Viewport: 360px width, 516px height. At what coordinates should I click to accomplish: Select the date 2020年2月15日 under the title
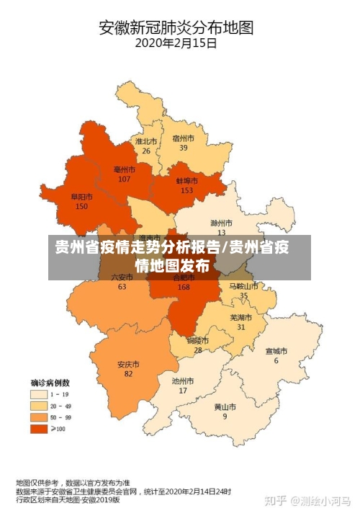pos(176,43)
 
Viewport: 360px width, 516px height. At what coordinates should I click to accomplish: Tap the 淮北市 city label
pos(145,142)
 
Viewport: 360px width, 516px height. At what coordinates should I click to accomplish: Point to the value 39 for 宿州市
pos(184,148)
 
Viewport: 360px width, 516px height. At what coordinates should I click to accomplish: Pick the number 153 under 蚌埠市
pos(187,190)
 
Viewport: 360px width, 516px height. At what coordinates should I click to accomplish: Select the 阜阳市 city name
pos(81,197)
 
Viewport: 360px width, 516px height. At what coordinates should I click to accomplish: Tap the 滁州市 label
pos(221,223)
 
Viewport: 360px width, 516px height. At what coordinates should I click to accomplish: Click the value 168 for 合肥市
pos(184,287)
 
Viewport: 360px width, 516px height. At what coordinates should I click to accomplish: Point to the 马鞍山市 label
pos(243,286)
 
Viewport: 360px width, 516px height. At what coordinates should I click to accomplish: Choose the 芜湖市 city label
pos(241,317)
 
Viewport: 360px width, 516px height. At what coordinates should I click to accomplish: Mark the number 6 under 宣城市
pos(276,360)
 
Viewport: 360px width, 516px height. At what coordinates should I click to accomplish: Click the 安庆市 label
pos(128,364)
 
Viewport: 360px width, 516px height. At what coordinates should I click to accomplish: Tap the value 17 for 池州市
pos(183,391)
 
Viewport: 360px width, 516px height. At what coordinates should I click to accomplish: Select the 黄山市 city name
pos(225,406)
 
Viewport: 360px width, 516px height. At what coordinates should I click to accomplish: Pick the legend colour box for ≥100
pos(39,429)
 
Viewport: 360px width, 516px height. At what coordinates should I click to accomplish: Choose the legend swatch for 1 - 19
pos(39,394)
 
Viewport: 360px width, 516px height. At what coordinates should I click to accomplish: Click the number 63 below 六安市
pos(122,287)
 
